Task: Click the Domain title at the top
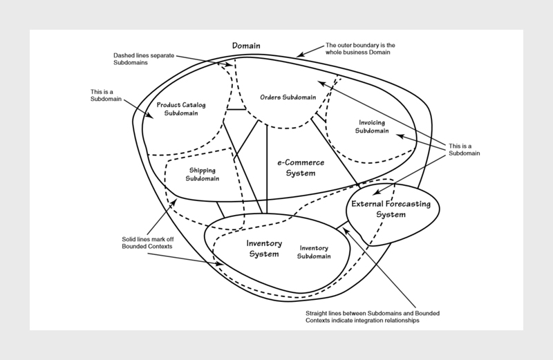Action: tap(246, 45)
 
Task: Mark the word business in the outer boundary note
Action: tap(369, 56)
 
